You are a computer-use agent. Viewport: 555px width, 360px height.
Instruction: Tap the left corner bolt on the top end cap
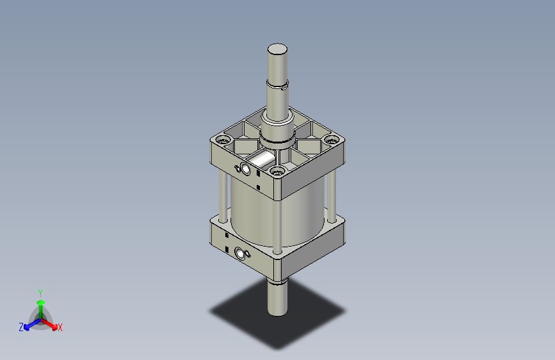click(223, 140)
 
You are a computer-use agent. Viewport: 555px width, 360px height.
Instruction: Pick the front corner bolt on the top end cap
click(277, 170)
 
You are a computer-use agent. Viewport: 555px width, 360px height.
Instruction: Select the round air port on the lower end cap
click(243, 253)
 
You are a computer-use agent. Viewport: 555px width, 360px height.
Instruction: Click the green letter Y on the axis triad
click(40, 291)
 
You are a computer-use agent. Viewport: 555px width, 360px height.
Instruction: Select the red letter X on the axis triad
click(60, 328)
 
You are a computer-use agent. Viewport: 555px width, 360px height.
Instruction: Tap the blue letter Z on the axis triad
click(21, 327)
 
